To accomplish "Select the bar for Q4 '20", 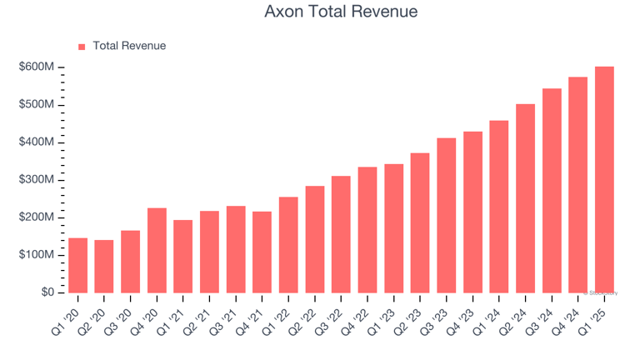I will click(x=157, y=250).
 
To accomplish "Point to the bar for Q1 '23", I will click(x=393, y=228).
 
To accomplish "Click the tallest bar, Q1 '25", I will click(x=604, y=179).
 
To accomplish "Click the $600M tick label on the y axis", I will click(x=37, y=67).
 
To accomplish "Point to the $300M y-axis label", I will click(x=37, y=180).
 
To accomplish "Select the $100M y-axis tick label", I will click(x=37, y=255).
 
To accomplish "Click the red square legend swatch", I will click(x=82, y=47).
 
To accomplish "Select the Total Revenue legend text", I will click(x=129, y=46).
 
